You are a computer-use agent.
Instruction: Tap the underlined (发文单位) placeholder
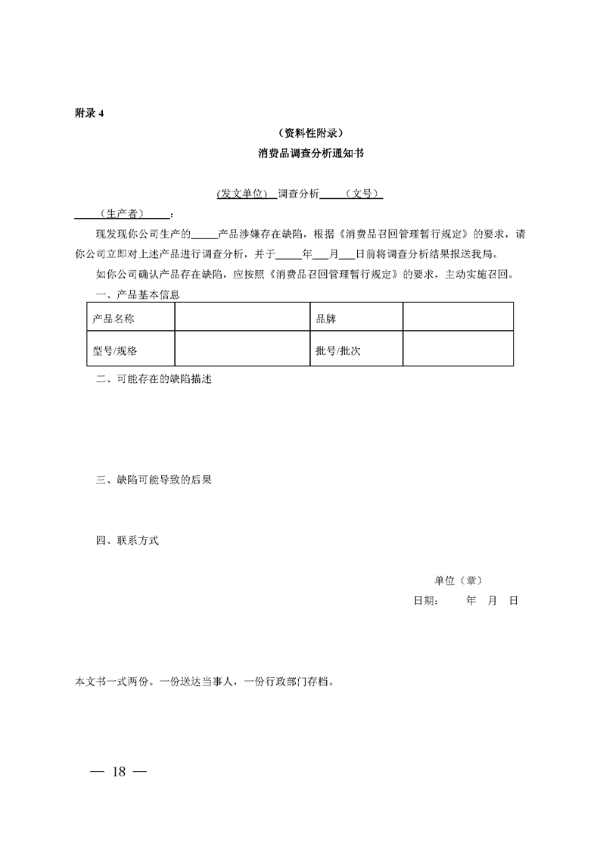[243, 194]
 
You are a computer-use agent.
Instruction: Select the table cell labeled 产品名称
[113, 319]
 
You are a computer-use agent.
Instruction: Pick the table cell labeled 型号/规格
[115, 351]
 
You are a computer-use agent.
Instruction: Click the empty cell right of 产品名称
[242, 319]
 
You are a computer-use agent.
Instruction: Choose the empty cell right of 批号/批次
[458, 351]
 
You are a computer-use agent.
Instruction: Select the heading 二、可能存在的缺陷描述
[154, 379]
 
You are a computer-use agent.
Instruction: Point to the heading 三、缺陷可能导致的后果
[154, 480]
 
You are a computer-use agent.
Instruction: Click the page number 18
[118, 772]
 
